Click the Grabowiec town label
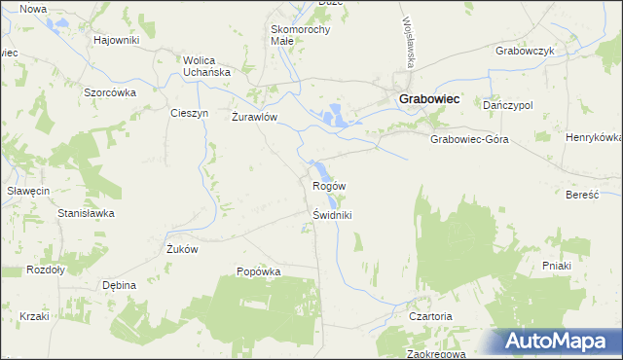pyautogui.click(x=428, y=98)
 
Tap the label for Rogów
pyautogui.click(x=329, y=185)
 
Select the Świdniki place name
pyautogui.click(x=331, y=215)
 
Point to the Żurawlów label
pyautogui.click(x=255, y=117)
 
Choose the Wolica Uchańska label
pyautogui.click(x=206, y=66)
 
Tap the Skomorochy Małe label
pyautogui.click(x=300, y=35)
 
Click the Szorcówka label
pyautogui.click(x=109, y=91)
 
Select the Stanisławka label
pyautogui.click(x=87, y=212)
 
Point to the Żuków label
pyautogui.click(x=182, y=249)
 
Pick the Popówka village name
pyautogui.click(x=259, y=271)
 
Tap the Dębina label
pyautogui.click(x=119, y=285)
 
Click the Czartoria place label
pyautogui.click(x=431, y=317)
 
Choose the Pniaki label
pyautogui.click(x=556, y=265)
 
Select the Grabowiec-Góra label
pyautogui.click(x=469, y=139)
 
